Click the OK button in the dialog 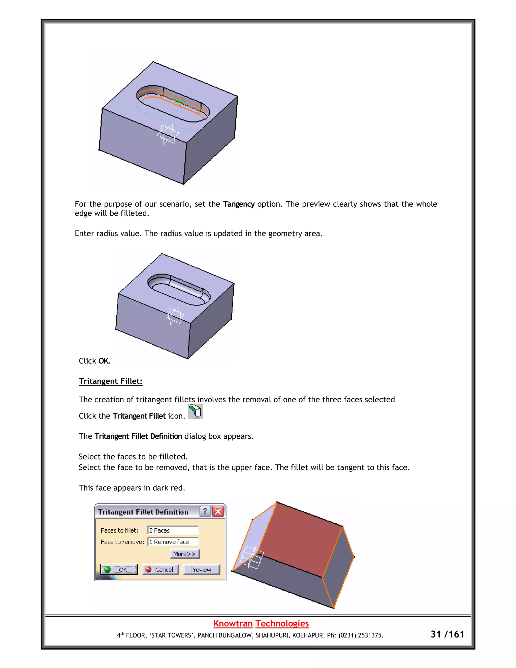(119, 569)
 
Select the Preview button (201, 569)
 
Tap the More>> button (184, 554)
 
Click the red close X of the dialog (218, 511)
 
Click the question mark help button (205, 511)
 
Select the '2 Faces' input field (173, 530)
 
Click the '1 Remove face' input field (173, 542)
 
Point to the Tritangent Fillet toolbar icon (195, 411)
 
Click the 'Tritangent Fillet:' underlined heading (111, 381)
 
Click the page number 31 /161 (447, 634)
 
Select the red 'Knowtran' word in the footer (233, 623)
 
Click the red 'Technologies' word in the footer (282, 623)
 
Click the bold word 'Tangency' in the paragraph (239, 204)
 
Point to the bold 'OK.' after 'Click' (104, 361)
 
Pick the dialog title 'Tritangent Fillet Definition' (143, 512)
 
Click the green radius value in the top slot (180, 100)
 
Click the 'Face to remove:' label (122, 542)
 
